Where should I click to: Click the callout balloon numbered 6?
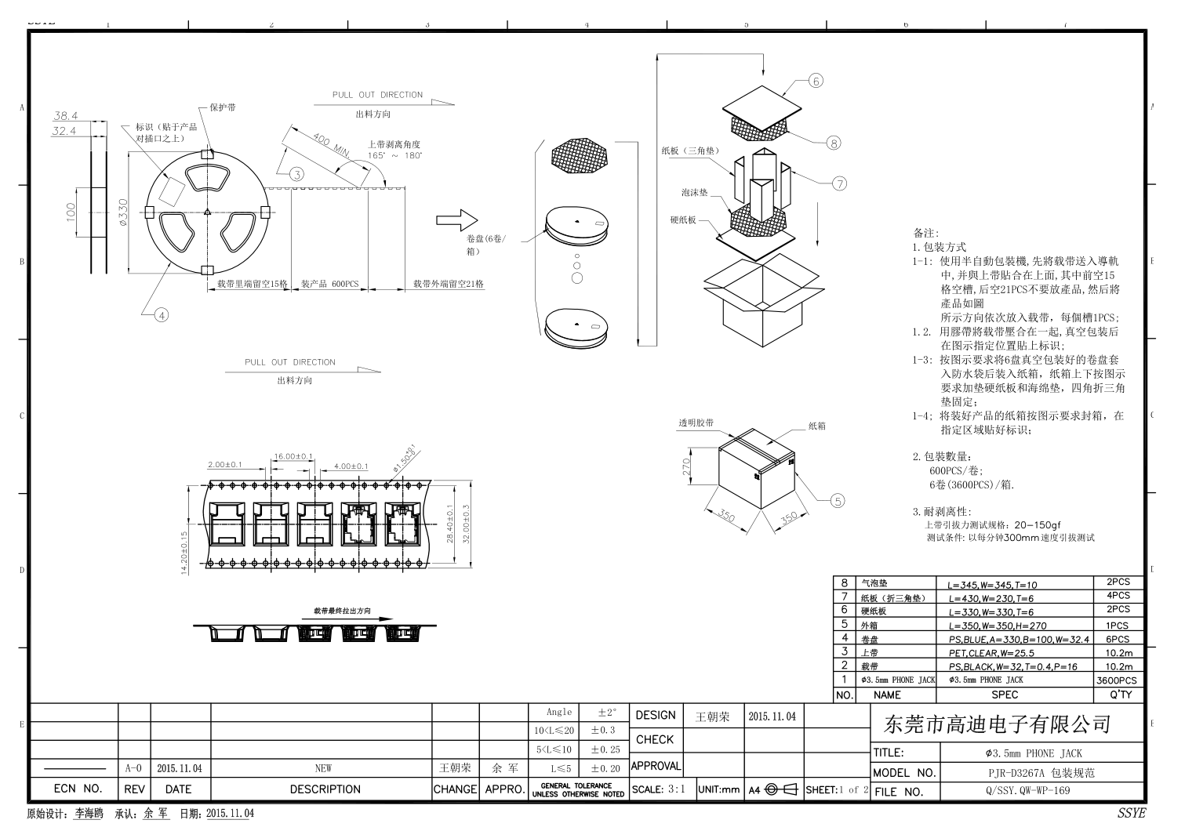point(816,81)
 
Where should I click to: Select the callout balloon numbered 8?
point(834,143)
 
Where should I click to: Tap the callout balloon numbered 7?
point(839,184)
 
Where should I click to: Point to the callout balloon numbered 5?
point(838,501)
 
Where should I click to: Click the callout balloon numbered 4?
point(161,315)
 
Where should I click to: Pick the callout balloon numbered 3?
point(296,174)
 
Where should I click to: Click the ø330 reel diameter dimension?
point(122,212)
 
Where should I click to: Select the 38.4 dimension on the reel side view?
point(65,116)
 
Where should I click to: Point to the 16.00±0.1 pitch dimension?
point(293,456)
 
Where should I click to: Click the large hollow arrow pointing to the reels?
point(457,220)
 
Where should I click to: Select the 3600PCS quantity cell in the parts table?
point(1118,680)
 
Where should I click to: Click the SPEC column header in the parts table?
point(1005,695)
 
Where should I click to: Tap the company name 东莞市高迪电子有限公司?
point(998,724)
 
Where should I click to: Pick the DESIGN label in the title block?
point(656,715)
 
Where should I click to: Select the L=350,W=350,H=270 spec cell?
point(997,626)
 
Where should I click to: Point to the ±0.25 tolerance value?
point(605,749)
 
